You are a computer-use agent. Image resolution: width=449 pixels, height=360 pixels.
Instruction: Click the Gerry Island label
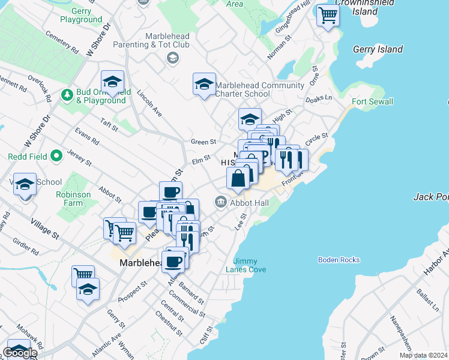click(x=378, y=49)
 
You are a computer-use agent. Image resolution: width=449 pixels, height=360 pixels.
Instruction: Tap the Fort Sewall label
click(x=372, y=101)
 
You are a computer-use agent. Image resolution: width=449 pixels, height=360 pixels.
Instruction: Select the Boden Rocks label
click(x=339, y=260)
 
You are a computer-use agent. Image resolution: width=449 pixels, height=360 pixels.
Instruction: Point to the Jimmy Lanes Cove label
click(x=249, y=265)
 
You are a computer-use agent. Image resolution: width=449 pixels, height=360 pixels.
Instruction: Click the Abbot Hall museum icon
click(x=221, y=202)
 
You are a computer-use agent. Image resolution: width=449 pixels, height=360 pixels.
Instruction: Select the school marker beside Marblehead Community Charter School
click(x=204, y=83)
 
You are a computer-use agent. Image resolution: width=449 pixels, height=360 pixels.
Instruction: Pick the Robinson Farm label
click(x=73, y=199)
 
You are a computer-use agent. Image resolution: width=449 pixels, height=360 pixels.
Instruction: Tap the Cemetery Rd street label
click(x=62, y=43)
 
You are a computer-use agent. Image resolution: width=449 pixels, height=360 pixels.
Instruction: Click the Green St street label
click(x=203, y=142)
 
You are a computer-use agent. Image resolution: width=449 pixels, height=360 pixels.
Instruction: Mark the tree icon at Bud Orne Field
click(x=67, y=95)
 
